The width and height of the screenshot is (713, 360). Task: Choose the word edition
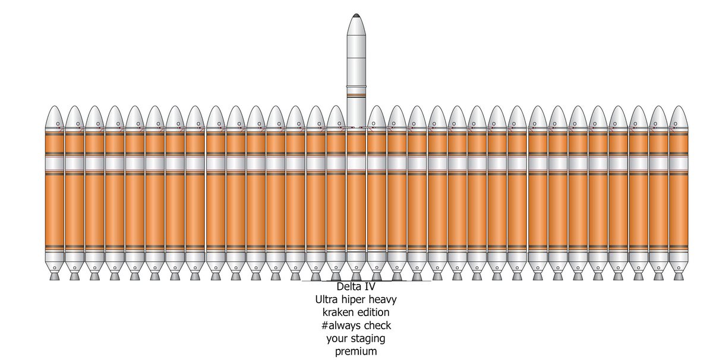(373, 313)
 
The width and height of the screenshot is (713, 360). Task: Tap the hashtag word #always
(342, 326)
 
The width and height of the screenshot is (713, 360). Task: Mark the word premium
(356, 352)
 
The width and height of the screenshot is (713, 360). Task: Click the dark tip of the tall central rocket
(356, 15)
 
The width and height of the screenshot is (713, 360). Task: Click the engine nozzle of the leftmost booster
(55, 276)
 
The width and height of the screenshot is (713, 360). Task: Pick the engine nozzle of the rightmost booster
(677, 276)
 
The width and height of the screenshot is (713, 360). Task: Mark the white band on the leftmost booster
(55, 162)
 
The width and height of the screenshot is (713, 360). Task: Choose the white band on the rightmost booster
(677, 162)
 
